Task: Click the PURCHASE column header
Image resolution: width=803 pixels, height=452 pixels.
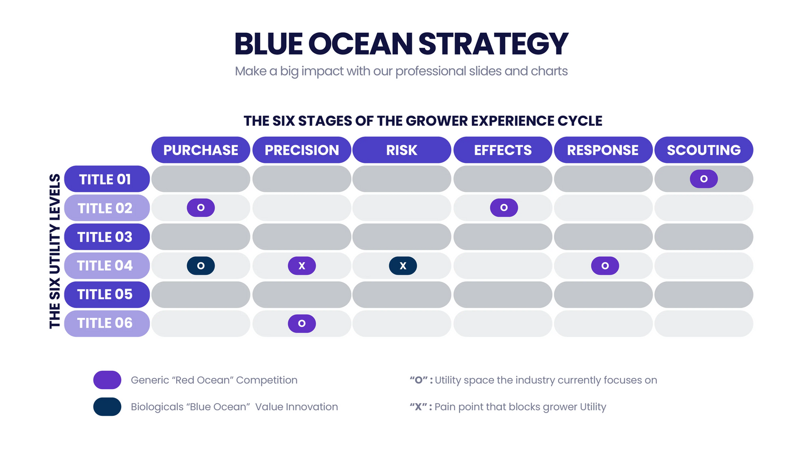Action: (201, 150)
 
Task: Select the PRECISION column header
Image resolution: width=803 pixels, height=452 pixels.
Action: (301, 150)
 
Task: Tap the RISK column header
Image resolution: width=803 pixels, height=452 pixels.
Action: (401, 150)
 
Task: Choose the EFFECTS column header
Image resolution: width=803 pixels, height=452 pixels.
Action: (502, 150)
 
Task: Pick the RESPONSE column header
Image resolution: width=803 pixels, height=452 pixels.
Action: (603, 150)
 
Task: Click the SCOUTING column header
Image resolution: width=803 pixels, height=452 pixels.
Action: (704, 150)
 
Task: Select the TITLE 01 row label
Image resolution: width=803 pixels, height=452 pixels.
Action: (107, 179)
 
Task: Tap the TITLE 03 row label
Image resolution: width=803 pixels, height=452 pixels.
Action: (107, 237)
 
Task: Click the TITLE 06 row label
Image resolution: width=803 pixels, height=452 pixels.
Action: (107, 323)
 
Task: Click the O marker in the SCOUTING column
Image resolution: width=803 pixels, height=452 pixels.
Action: (704, 179)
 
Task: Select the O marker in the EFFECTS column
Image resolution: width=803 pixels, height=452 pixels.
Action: (503, 208)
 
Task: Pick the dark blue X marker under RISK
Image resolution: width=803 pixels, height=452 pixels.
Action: (402, 266)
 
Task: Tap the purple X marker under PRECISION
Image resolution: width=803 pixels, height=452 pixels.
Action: (301, 266)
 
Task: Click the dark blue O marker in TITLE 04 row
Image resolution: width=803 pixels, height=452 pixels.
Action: (201, 266)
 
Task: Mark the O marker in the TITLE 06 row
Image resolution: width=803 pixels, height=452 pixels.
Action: (301, 324)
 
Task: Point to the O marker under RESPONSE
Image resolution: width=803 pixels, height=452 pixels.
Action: (605, 266)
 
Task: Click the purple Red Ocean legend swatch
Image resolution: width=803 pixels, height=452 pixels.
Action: (107, 380)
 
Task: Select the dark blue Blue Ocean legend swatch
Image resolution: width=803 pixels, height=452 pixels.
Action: (107, 407)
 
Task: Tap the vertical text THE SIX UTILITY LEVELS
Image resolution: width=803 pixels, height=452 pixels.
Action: (55, 251)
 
